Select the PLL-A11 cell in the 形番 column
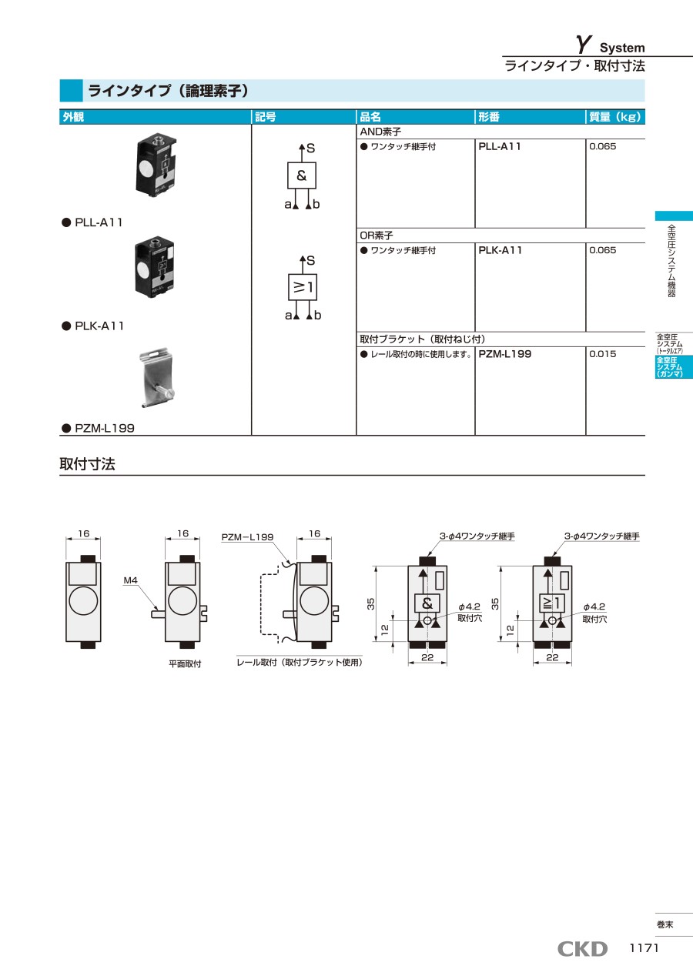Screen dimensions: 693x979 point(500,146)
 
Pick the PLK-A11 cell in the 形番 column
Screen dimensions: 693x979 point(500,250)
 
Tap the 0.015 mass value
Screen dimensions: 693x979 point(602,354)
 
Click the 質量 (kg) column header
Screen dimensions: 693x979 point(614,117)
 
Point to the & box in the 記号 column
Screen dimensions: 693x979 point(302,175)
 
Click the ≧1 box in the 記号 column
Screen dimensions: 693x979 point(303,287)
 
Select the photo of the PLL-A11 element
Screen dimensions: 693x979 point(156,164)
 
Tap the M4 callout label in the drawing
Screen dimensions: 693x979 point(130,580)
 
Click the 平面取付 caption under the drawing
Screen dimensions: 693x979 point(185,663)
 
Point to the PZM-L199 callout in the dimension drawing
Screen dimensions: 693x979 point(247,537)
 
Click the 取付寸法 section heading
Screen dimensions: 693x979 point(88,463)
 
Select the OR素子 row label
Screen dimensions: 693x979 point(377,236)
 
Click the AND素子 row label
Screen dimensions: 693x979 point(380,132)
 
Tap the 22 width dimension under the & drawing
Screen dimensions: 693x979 point(427,657)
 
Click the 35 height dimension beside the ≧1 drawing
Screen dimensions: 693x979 point(495,604)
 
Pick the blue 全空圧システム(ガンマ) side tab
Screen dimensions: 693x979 point(673,366)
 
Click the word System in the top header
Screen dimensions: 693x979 point(622,48)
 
